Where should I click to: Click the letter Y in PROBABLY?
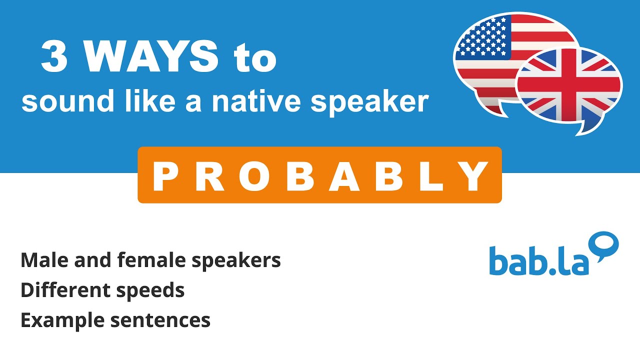(x=475, y=176)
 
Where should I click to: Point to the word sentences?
(x=162, y=320)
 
